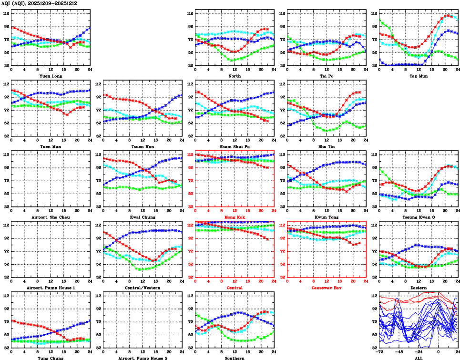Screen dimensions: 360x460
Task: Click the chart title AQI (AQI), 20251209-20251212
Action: tap(40, 3)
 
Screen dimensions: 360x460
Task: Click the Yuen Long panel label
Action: tap(50, 76)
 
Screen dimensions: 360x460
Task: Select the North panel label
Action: tap(235, 76)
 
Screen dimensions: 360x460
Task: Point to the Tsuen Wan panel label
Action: tap(143, 146)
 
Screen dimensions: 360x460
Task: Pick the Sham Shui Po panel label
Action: tap(235, 146)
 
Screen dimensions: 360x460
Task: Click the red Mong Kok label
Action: tap(235, 217)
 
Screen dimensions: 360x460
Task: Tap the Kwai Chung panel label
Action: tap(143, 217)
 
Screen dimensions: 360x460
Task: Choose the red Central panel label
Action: tap(235, 288)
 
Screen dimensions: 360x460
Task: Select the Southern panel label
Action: tap(235, 358)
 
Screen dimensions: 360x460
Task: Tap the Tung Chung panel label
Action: tap(50, 358)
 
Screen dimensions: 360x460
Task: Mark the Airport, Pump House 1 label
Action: tap(50, 288)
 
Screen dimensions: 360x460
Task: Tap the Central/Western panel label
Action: tap(143, 288)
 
